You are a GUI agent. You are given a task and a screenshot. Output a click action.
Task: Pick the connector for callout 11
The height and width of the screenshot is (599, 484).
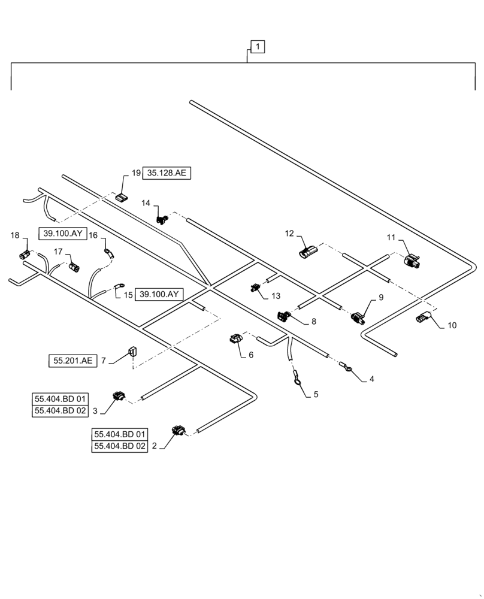(x=413, y=261)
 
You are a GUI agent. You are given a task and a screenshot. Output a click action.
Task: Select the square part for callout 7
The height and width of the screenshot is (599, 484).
(x=131, y=350)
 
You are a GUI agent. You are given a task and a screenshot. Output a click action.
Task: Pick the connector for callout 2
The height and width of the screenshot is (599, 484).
(x=179, y=430)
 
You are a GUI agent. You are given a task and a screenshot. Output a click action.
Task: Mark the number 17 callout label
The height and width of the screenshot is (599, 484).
(x=59, y=251)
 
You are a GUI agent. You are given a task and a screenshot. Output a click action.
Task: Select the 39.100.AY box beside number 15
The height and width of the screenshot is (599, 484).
(x=159, y=294)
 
